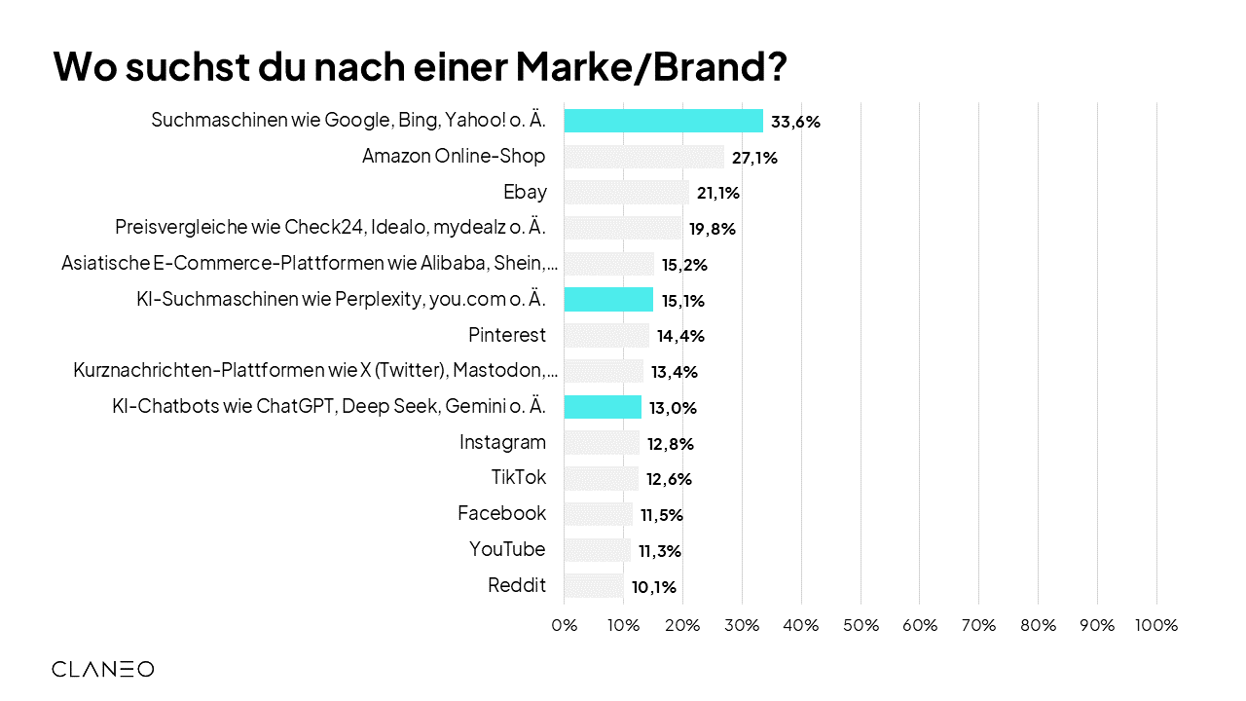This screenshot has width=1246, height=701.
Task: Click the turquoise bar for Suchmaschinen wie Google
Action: coord(663,121)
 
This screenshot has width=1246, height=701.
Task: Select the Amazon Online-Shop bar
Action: coord(643,157)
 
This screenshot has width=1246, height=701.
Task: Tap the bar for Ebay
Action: coord(626,193)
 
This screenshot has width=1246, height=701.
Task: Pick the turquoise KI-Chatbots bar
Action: coord(603,407)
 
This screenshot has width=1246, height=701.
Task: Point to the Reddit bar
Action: coord(593,586)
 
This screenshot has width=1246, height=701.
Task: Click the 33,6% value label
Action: coord(795,122)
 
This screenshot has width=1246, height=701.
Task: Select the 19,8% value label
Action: coord(711,229)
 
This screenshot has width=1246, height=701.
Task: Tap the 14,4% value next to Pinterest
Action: coord(680,336)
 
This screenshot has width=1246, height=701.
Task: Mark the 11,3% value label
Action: coord(659,551)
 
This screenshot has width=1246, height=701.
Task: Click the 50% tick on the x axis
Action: coord(861,625)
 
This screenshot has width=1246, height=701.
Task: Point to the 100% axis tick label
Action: coord(1156,625)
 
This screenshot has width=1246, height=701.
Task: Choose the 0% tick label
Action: coord(565,625)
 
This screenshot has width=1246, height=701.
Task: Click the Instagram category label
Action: coord(502,442)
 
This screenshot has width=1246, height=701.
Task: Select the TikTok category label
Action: coord(519,478)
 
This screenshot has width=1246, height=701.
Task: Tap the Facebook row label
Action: coord(501,513)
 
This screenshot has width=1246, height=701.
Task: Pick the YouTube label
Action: coord(507,549)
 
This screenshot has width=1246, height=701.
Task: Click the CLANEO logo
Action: coord(102,669)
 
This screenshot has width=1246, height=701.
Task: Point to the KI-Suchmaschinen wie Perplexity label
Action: coord(341,300)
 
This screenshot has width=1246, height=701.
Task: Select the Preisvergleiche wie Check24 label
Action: coord(330,228)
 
